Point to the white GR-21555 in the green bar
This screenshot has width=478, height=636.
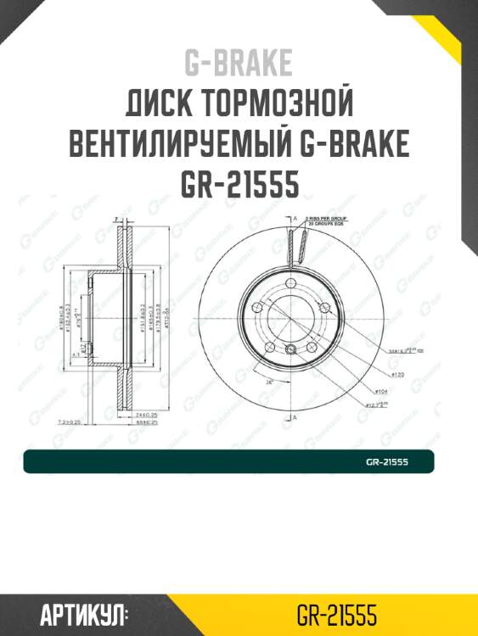(387, 462)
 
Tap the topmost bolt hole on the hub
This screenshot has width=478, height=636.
(290, 283)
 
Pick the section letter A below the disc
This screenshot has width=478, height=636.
(294, 418)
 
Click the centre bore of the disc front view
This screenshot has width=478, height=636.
(291, 317)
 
